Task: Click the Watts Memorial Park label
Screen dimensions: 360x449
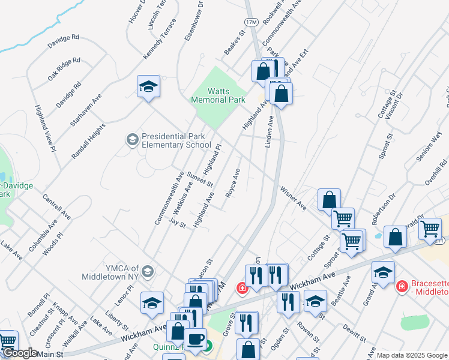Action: [x=218, y=95]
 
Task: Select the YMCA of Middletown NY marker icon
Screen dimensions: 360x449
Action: [x=148, y=272]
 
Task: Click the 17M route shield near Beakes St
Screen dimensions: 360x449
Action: [x=252, y=22]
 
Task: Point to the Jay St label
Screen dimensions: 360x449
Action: [x=178, y=223]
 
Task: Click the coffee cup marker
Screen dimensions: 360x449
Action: [x=195, y=340]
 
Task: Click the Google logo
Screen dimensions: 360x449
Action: [x=20, y=353]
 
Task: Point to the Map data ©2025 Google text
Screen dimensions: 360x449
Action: [x=412, y=355]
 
